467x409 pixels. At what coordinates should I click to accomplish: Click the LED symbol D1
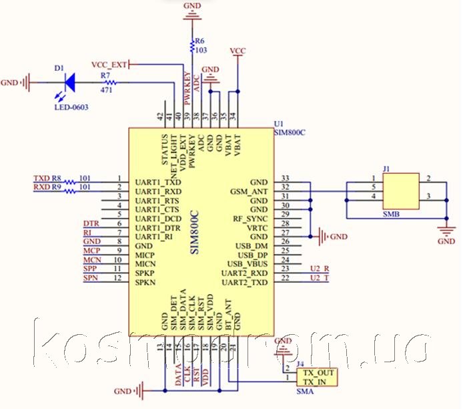(69, 83)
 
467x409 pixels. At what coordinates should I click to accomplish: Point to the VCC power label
(237, 51)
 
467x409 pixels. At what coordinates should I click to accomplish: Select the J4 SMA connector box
(318, 376)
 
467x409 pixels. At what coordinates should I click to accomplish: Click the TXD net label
(41, 178)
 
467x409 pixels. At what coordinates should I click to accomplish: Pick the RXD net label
(41, 188)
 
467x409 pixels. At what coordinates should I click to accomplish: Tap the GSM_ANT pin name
(250, 191)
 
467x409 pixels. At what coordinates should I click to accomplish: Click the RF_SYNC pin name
(250, 219)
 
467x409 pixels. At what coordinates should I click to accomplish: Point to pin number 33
(286, 178)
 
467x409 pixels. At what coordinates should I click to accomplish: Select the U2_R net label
(320, 269)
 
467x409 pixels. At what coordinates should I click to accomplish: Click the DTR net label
(91, 223)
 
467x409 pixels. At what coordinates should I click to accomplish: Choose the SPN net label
(91, 277)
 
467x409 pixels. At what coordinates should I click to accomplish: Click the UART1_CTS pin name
(157, 210)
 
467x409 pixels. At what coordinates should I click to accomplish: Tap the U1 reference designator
(279, 124)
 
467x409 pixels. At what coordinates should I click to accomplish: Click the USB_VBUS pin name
(247, 265)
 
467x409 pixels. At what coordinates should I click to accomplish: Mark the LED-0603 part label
(71, 107)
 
